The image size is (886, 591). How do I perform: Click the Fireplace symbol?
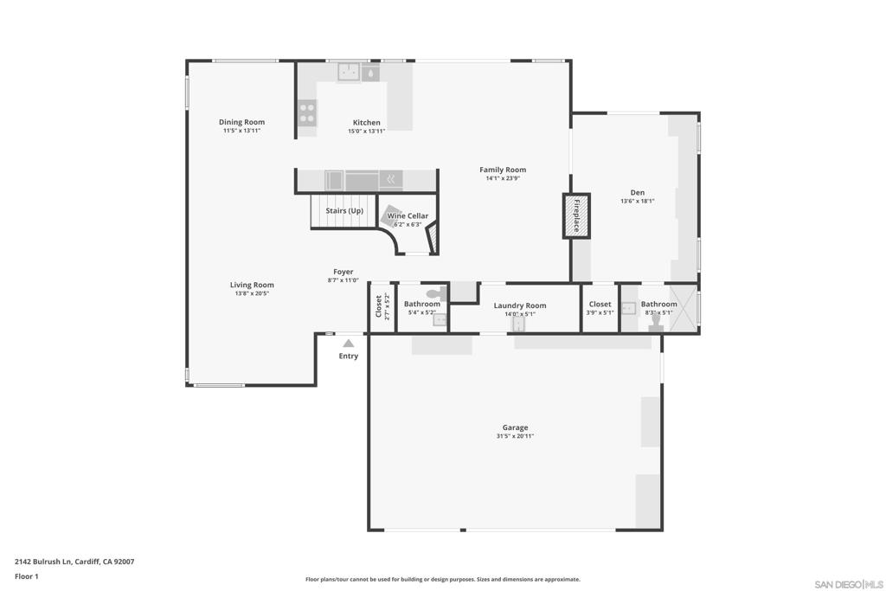576,215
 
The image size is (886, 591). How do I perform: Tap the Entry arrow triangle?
348,344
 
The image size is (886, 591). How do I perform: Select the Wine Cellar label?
408,215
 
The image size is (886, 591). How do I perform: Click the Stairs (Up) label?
344,210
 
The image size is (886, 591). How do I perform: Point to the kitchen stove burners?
307,113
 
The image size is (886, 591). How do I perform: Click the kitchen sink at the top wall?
349,72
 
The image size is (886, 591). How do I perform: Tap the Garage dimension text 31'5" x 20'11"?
515,437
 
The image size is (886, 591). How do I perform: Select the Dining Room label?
241,122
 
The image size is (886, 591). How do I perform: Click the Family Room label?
503,170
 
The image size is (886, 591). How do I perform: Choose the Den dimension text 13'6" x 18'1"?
637,201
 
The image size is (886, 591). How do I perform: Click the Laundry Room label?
520,305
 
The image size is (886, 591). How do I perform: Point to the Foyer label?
343,272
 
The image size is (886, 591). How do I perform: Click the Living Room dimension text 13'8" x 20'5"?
252,293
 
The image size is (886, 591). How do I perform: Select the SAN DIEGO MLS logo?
849,583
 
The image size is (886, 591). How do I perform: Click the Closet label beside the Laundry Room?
600,304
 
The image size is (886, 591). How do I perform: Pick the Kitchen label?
366,122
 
